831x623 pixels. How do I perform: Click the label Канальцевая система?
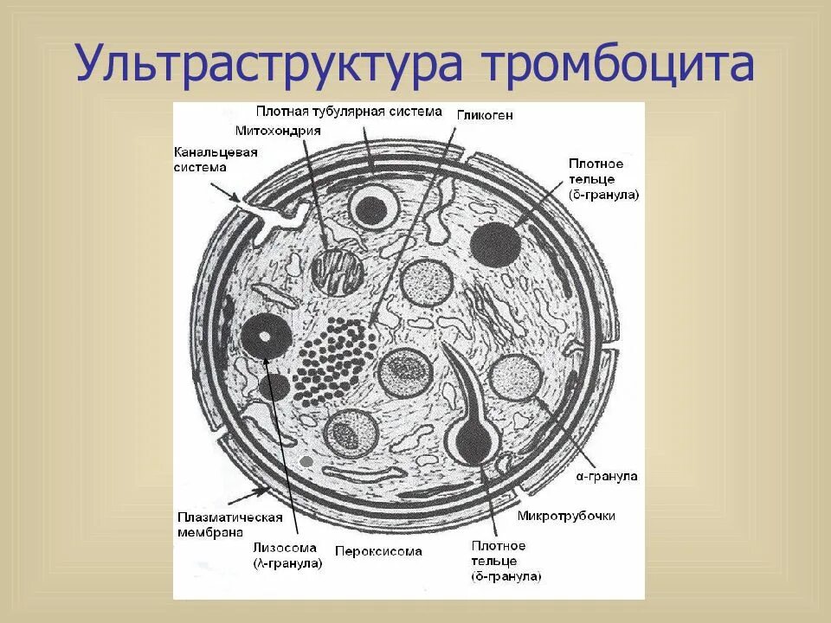205,160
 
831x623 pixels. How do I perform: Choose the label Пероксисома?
378,550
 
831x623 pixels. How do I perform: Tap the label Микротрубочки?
566,516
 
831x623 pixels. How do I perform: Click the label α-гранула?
607,476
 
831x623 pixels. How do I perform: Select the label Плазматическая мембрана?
230,524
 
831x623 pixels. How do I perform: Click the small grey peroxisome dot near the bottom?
306,462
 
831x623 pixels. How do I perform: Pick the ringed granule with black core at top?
373,208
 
